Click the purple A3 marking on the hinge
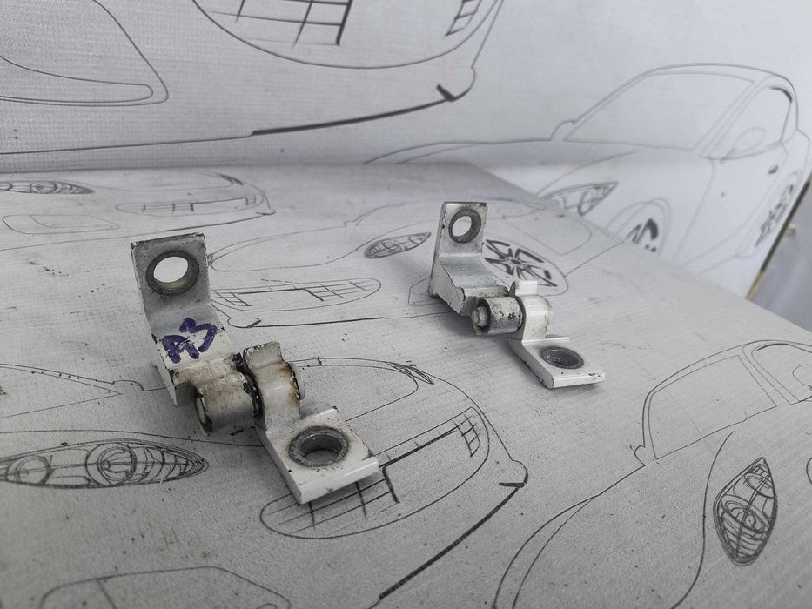[x=189, y=339]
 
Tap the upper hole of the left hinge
[x=172, y=272]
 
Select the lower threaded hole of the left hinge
[x=319, y=447]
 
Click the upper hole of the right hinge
[x=465, y=225]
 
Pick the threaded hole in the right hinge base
[x=561, y=358]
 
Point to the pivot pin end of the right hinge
[x=480, y=317]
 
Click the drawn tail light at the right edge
[x=745, y=512]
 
